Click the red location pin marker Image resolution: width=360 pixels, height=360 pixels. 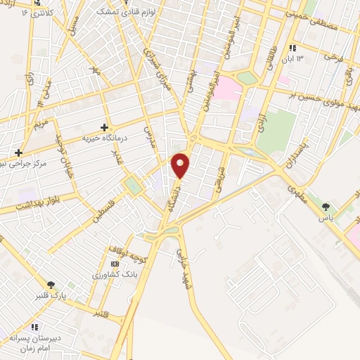coord(181,165)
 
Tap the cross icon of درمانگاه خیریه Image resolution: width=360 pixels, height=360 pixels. coord(104,128)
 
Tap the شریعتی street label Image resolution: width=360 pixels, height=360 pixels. coord(220,169)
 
